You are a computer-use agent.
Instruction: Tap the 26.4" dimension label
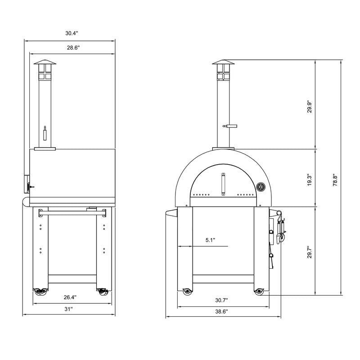[69, 297]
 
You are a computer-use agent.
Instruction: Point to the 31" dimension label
[68, 309]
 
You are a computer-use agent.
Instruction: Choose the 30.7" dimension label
[221, 300]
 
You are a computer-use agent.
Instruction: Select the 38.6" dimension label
[221, 311]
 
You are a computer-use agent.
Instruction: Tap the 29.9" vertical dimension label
[308, 106]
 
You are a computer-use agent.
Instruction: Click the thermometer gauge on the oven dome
[260, 187]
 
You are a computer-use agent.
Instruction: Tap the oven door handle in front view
[223, 184]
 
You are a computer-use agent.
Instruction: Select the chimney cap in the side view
[44, 62]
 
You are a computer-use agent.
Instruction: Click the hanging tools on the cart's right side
[281, 230]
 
